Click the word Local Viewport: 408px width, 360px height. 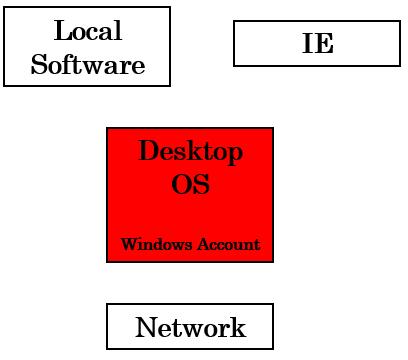pos(87,31)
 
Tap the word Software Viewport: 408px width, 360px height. pos(88,66)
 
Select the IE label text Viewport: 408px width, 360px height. pos(317,44)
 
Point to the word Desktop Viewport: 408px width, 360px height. pos(190,153)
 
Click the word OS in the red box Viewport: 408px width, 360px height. pos(190,185)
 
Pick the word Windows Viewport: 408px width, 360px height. pos(153,244)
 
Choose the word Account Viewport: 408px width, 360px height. pos(225,244)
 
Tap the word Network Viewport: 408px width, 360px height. pos(190,327)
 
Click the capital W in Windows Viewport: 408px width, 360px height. pos(128,244)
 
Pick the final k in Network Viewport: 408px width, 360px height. pos(237,327)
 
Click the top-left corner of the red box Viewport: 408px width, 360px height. pos(107,128)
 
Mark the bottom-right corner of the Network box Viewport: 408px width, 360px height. pos(272,349)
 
